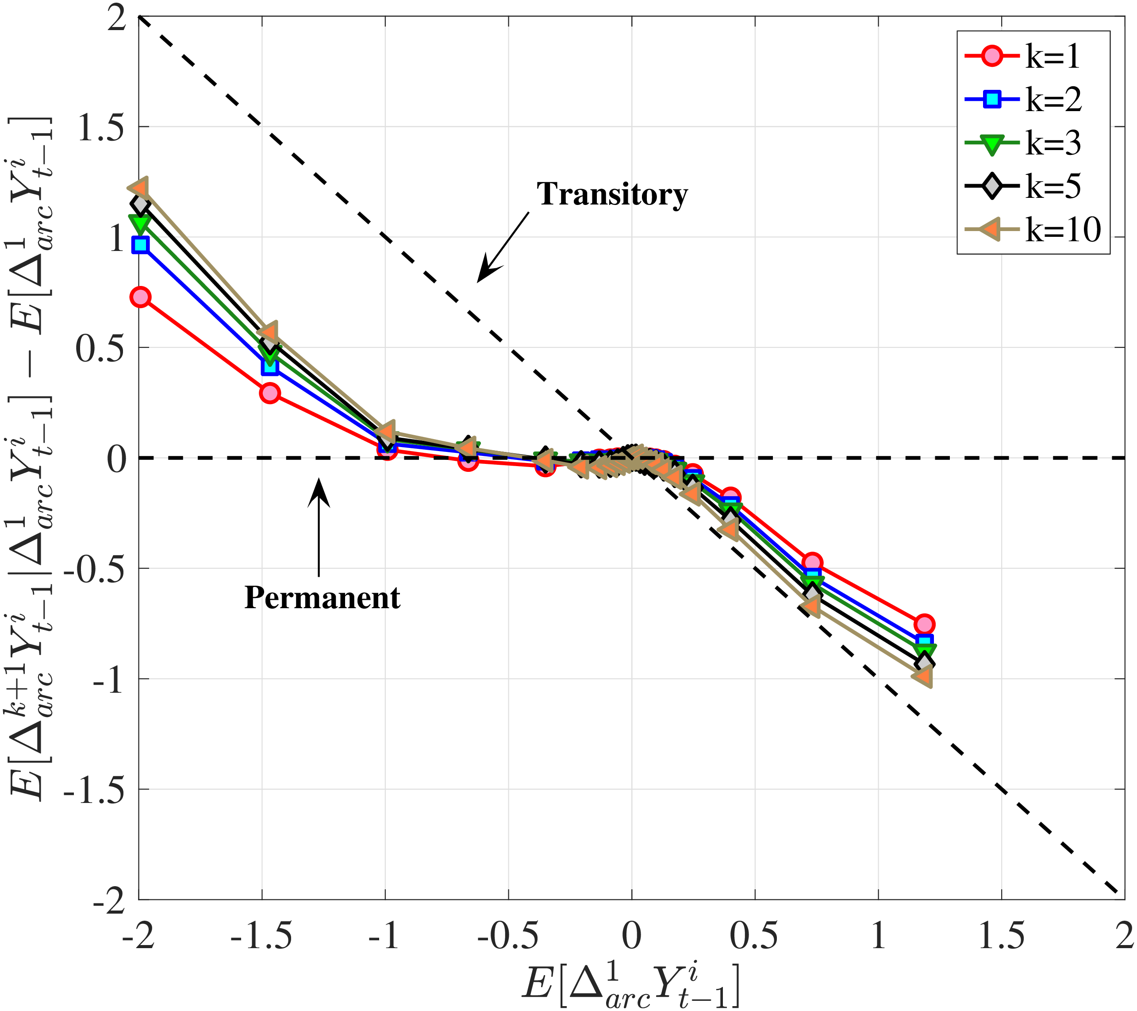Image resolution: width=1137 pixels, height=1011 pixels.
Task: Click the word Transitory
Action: pyautogui.click(x=612, y=194)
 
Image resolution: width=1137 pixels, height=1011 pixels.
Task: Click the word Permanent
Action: pyautogui.click(x=322, y=598)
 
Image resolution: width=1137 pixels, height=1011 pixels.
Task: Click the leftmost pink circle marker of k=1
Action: pyautogui.click(x=141, y=297)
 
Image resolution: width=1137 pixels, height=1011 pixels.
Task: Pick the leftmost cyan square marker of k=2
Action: pyautogui.click(x=141, y=245)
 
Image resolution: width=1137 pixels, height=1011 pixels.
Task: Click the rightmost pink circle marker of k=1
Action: pyautogui.click(x=924, y=624)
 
